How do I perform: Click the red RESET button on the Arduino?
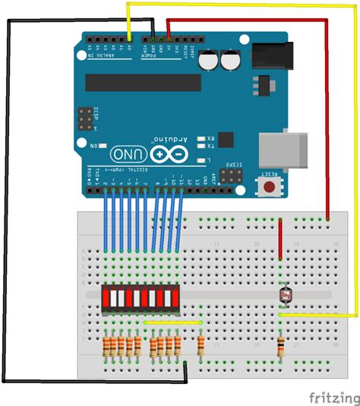(269, 186)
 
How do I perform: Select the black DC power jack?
(267, 52)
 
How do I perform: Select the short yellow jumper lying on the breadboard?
(172, 322)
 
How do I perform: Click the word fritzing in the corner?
(333, 397)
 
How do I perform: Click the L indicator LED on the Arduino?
(201, 160)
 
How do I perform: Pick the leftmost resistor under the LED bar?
(105, 347)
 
